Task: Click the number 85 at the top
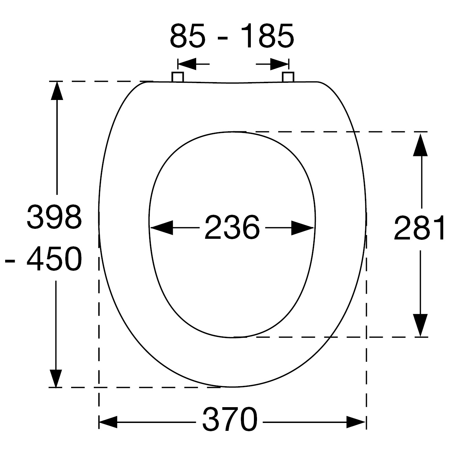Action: pyautogui.click(x=188, y=36)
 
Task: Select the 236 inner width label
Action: pyautogui.click(x=232, y=227)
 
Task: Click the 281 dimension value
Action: pyautogui.click(x=419, y=228)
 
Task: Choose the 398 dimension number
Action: pyautogui.click(x=54, y=217)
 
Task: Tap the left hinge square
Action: pyautogui.click(x=178, y=77)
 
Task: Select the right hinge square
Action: pyautogui.click(x=288, y=77)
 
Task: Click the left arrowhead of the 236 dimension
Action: pyautogui.click(x=161, y=228)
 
